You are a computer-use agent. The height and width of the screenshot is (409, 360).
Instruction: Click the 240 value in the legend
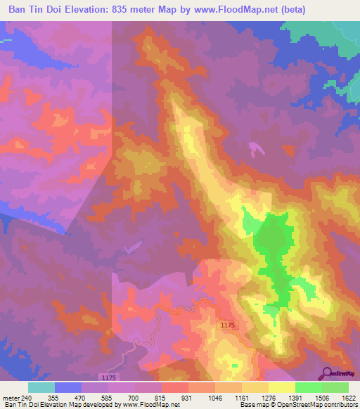click(27, 398)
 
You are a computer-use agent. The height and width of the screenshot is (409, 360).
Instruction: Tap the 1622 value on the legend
click(348, 398)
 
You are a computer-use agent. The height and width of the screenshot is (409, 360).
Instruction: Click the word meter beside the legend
click(12, 398)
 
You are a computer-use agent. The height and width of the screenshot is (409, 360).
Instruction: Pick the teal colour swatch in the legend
click(41, 387)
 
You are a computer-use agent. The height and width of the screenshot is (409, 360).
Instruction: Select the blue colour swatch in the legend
click(67, 387)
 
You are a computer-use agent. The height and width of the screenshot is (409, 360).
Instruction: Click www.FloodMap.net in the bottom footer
click(150, 405)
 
